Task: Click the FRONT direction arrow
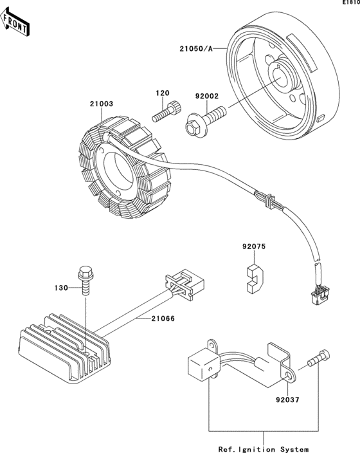[14, 23]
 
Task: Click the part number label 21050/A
[196, 49]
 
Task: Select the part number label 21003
[101, 104]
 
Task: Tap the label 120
[163, 93]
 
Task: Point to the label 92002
[207, 96]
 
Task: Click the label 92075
[254, 246]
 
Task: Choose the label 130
[61, 288]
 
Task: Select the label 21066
[163, 319]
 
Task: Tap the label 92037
[287, 400]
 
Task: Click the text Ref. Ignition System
[264, 449]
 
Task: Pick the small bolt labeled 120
[167, 111]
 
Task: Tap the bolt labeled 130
[85, 281]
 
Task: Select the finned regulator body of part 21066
[64, 349]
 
